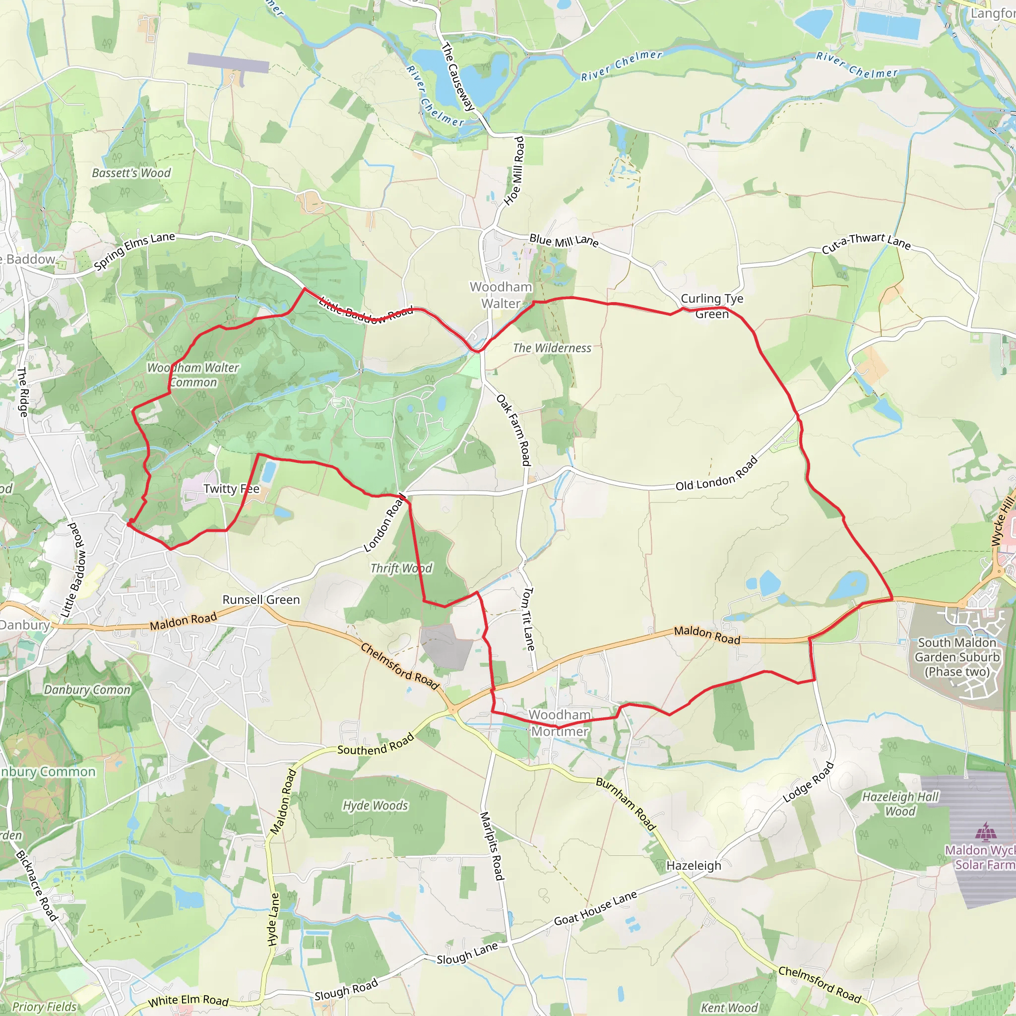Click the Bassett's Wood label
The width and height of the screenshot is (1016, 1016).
pyautogui.click(x=131, y=173)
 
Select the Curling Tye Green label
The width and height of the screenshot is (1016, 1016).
pyautogui.click(x=712, y=306)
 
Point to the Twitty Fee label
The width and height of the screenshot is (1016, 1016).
pyautogui.click(x=231, y=489)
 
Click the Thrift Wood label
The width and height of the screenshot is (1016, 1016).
pyautogui.click(x=401, y=568)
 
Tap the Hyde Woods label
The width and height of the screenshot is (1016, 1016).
pyautogui.click(x=376, y=806)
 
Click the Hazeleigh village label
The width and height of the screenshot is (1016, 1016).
pyautogui.click(x=694, y=866)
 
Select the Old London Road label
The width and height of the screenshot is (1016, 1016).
pyautogui.click(x=717, y=474)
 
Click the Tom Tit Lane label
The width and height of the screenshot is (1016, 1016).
pyautogui.click(x=528, y=619)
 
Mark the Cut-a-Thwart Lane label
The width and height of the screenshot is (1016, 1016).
pyautogui.click(x=866, y=243)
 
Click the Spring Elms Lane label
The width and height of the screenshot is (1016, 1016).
pyautogui.click(x=134, y=252)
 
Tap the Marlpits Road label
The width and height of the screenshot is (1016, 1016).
pyautogui.click(x=492, y=846)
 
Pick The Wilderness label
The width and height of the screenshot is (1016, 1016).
pyautogui.click(x=552, y=348)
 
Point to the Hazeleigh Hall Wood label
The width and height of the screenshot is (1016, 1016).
pyautogui.click(x=900, y=804)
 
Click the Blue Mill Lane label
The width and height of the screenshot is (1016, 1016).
pyautogui.click(x=564, y=241)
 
